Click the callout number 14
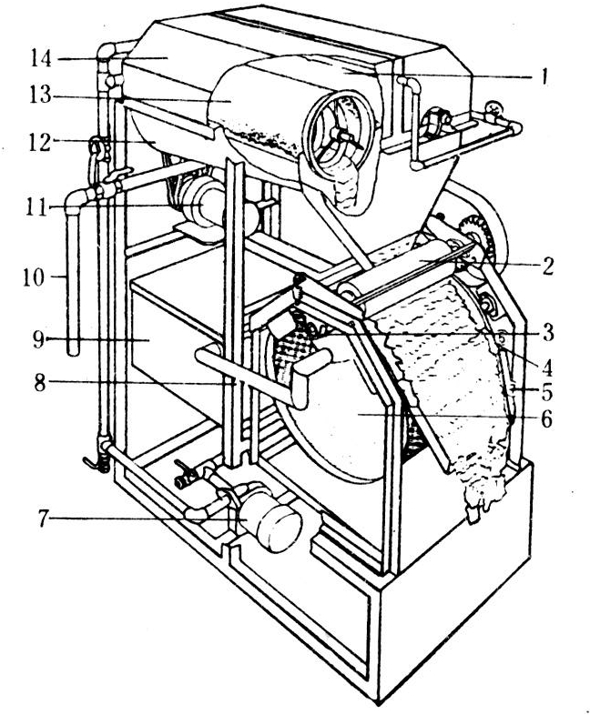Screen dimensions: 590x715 pyautogui.click(x=42, y=58)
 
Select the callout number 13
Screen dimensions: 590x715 pyautogui.click(x=41, y=96)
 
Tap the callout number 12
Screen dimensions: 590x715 pyautogui.click(x=40, y=143)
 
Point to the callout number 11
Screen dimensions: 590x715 pyautogui.click(x=37, y=208)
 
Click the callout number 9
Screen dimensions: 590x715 pyautogui.click(x=39, y=339)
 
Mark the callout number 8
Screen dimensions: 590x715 pyautogui.click(x=40, y=383)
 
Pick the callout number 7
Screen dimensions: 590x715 pyautogui.click(x=43, y=519)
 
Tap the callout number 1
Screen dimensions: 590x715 pyautogui.click(x=542, y=76)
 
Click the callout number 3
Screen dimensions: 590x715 pyautogui.click(x=548, y=333)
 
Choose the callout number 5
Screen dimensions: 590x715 pyautogui.click(x=547, y=392)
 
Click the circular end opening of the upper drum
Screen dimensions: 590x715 pyautogui.click(x=341, y=131)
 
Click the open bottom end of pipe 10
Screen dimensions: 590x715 pyautogui.click(x=73, y=351)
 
